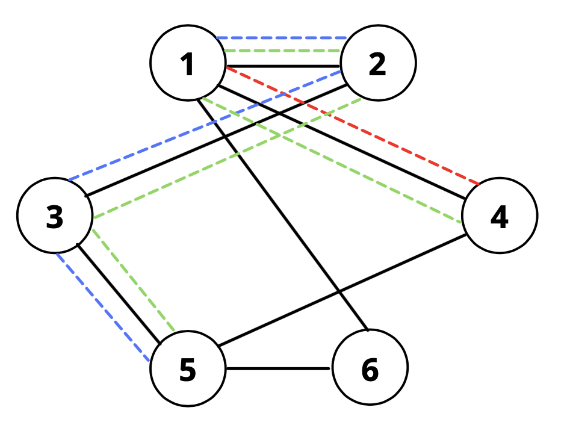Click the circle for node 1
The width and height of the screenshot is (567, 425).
pos(188,63)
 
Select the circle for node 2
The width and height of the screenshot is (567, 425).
pos(377,63)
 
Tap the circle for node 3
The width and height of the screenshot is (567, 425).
pos(55,216)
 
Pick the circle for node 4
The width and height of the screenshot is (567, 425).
pos(499,216)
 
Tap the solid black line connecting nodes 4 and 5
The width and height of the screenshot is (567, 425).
pos(343,290)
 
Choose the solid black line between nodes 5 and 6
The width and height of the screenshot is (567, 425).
pos(279,368)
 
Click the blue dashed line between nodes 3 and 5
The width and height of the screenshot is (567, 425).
pos(102,307)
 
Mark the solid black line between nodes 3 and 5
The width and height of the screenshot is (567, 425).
pos(117,293)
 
